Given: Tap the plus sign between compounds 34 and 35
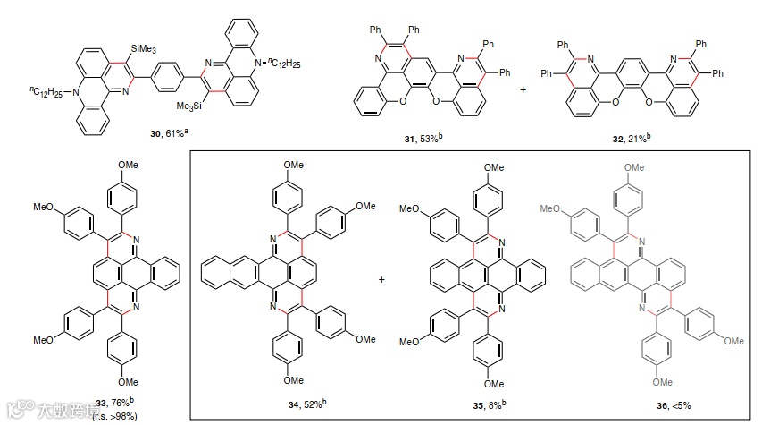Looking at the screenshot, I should click(382, 280).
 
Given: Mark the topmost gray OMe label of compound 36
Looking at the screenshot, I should click(633, 166).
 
